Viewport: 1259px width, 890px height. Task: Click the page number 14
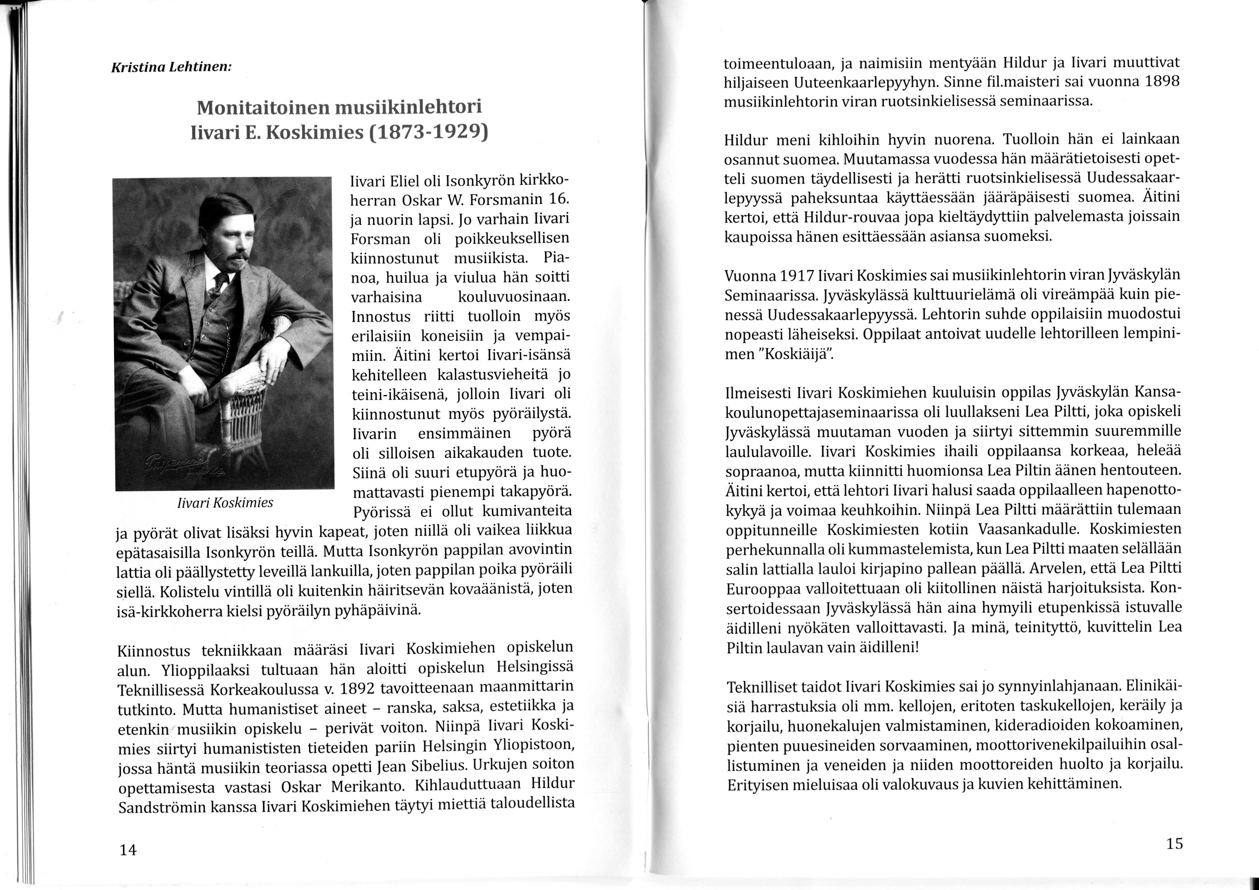tap(128, 850)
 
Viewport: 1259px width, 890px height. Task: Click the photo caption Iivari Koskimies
tap(225, 502)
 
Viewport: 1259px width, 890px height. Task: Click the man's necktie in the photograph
tap(221, 283)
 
